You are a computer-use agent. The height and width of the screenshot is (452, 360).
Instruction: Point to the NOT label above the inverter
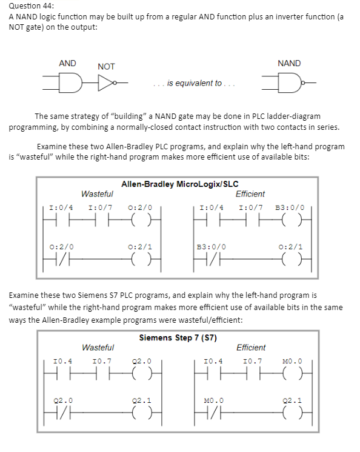click(106, 66)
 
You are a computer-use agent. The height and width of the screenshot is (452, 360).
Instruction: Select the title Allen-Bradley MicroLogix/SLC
click(179, 184)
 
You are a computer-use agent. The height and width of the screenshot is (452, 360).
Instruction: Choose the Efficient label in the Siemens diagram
click(250, 348)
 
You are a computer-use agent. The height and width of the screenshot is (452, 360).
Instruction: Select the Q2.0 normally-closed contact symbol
click(64, 417)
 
